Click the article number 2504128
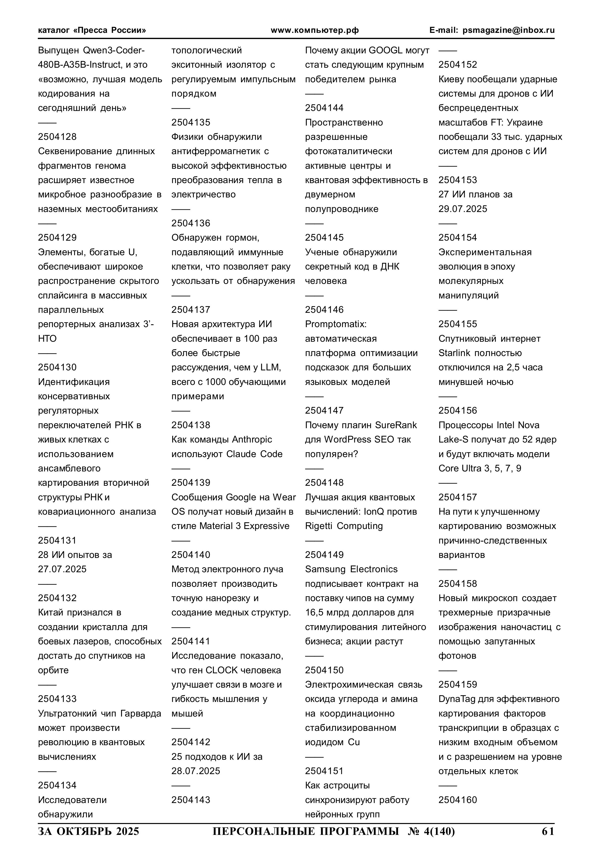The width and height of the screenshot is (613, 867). [x=57, y=137]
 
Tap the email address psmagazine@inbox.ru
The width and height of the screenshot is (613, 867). [x=509, y=30]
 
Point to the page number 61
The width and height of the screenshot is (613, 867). [x=548, y=831]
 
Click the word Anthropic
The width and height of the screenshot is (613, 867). [x=252, y=440]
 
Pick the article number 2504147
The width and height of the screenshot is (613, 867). [x=324, y=410]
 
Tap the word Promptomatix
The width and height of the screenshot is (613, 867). [x=335, y=324]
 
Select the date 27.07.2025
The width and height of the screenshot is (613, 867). [x=62, y=569]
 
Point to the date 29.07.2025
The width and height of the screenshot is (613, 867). [x=463, y=209]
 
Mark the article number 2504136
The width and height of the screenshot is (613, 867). [x=191, y=223]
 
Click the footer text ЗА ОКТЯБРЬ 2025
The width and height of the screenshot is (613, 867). [x=88, y=831]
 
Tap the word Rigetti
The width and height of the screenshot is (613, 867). [x=319, y=526]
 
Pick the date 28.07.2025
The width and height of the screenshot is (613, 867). [x=196, y=771]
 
